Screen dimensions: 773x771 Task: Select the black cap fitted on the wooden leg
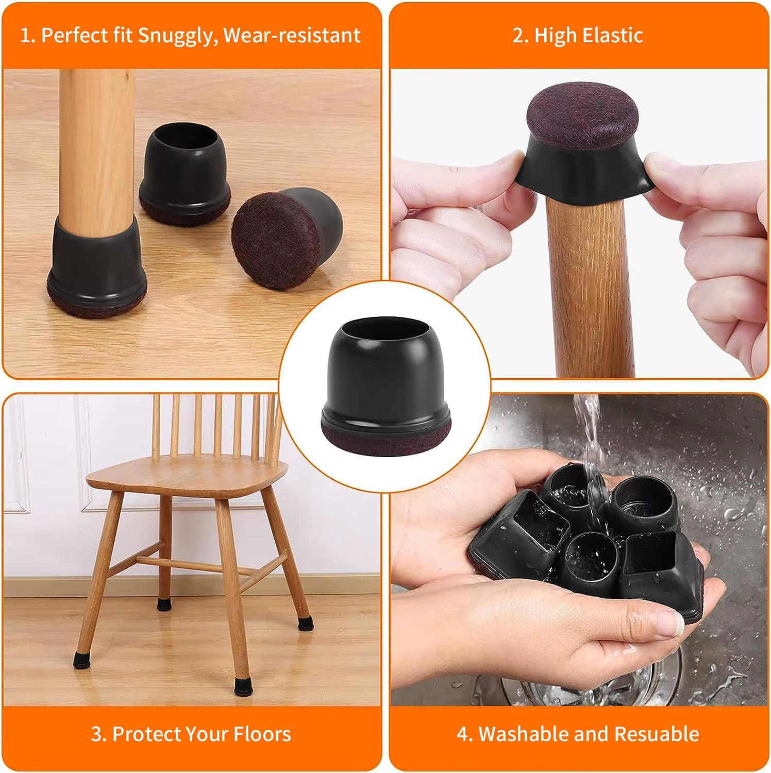pyautogui.click(x=96, y=263)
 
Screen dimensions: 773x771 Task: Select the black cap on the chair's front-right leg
pyautogui.click(x=254, y=684)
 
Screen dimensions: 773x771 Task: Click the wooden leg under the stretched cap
pyautogui.click(x=588, y=283)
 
